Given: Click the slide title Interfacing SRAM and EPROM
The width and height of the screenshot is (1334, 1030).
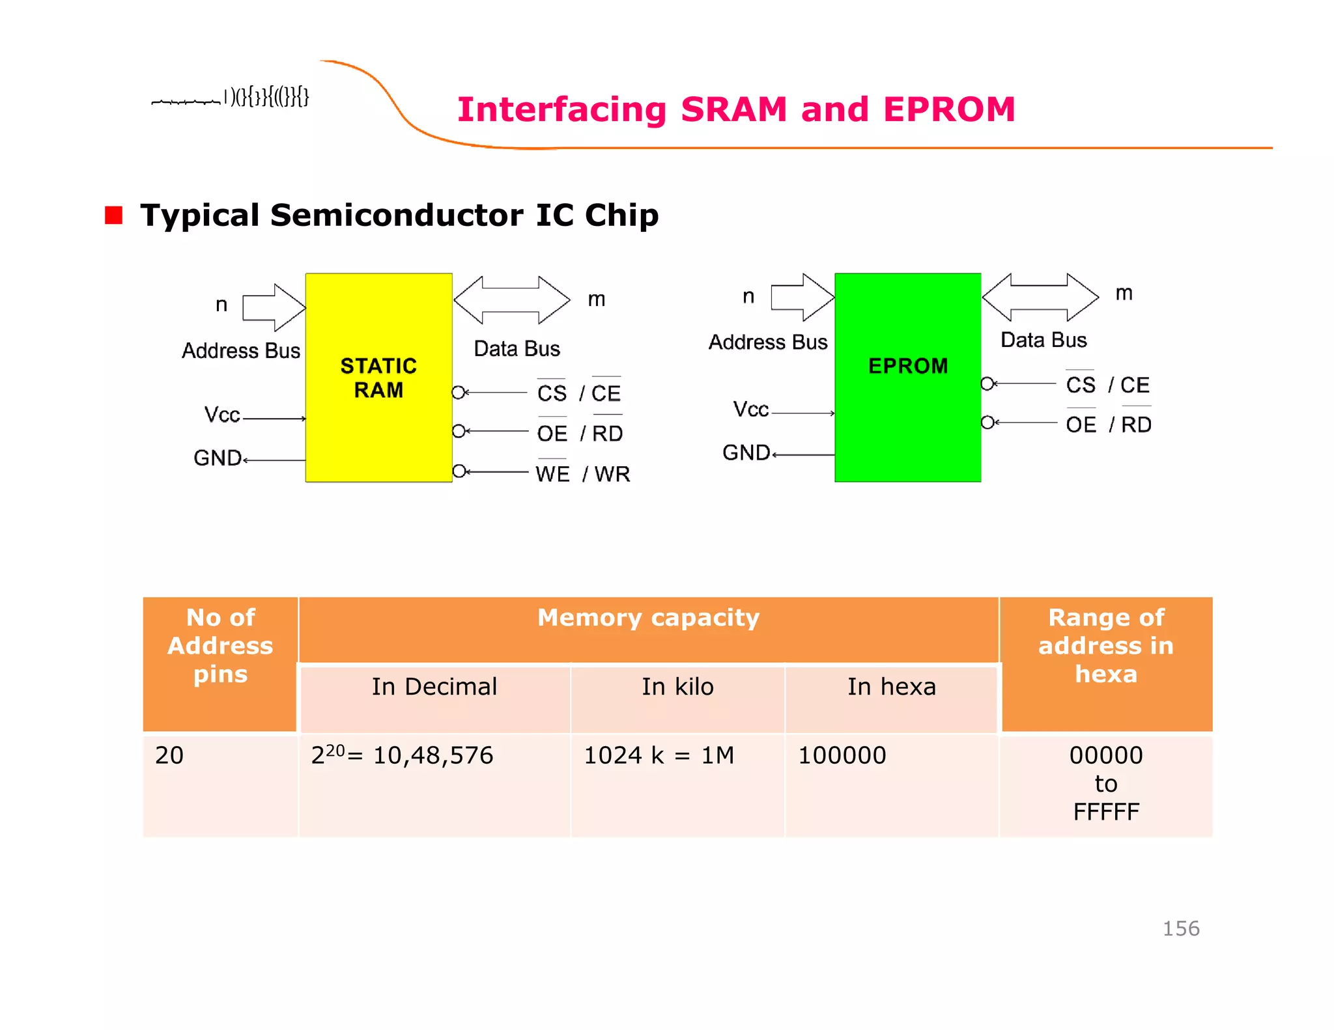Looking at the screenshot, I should (x=736, y=109).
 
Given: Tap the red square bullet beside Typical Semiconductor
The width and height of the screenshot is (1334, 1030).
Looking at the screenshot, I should (x=113, y=215).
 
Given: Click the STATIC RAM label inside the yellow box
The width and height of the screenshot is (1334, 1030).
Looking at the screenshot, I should (x=378, y=378).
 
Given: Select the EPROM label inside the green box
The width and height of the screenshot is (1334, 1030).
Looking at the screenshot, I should (x=908, y=366).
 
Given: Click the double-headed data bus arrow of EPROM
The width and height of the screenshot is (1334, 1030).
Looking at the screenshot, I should (x=1040, y=297).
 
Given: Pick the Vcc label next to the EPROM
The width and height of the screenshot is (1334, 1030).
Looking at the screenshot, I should (x=750, y=409).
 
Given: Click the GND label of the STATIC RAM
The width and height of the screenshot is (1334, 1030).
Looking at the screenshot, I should (x=218, y=458).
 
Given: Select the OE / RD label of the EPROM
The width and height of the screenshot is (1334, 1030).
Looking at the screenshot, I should (x=1109, y=425).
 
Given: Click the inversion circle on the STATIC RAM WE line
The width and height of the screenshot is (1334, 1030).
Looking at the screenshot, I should (x=459, y=471).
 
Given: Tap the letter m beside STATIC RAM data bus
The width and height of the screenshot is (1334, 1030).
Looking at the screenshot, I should (x=597, y=299).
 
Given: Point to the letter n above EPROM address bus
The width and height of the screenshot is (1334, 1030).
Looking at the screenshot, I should (x=748, y=296).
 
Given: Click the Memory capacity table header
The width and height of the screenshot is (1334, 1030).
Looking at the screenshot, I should (x=648, y=617).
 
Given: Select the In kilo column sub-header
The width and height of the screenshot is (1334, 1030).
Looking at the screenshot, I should (x=677, y=686).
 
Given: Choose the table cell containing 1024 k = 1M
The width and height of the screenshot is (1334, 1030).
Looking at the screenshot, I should (x=659, y=755).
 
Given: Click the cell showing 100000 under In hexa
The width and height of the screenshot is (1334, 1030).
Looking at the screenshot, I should (x=842, y=755).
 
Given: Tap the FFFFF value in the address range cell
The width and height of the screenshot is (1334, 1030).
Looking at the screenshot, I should (x=1106, y=812).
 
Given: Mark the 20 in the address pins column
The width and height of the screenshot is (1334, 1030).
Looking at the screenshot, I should (x=169, y=755).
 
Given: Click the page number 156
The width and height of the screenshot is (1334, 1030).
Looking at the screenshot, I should (x=1181, y=928).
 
